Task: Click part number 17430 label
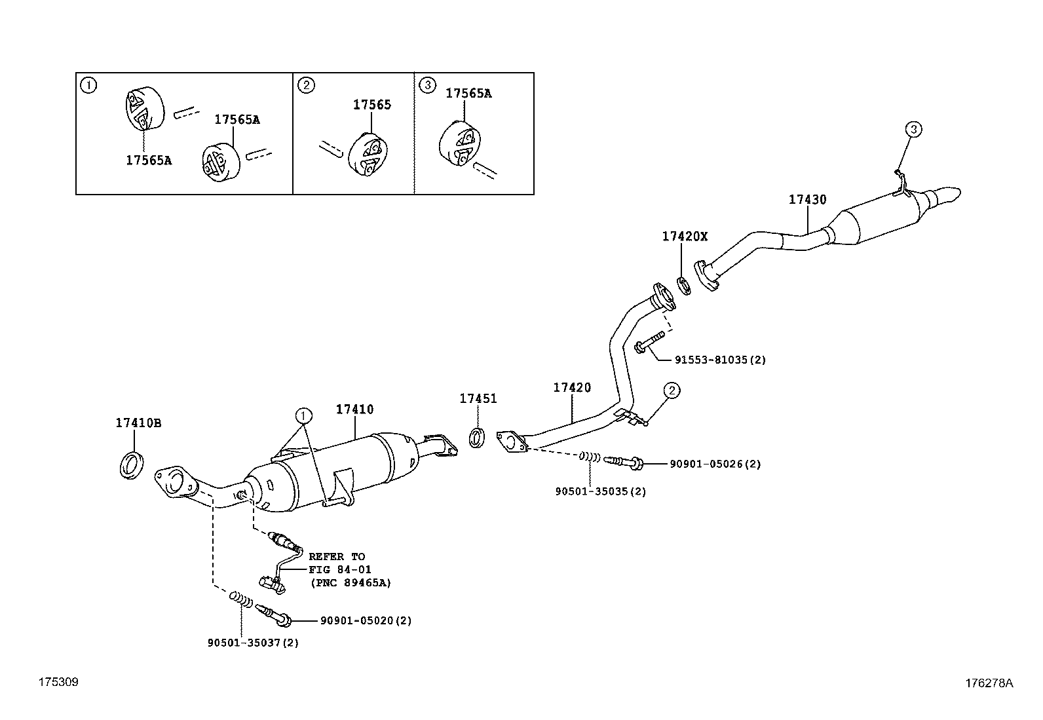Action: [x=807, y=200]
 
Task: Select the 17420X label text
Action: [x=685, y=237]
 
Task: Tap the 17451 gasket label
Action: [x=478, y=398]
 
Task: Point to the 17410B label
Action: [x=138, y=423]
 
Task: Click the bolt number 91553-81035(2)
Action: [x=719, y=360]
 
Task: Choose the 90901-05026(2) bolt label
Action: [x=715, y=464]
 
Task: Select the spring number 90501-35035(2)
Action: [x=600, y=491]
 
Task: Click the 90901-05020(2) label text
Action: [x=366, y=620]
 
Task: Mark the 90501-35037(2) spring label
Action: [x=253, y=643]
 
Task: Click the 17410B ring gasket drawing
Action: [x=131, y=465]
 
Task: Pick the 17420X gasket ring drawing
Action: [x=683, y=286]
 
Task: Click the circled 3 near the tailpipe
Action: [x=913, y=129]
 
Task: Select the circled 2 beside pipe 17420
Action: [x=672, y=390]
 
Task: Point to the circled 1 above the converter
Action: [x=303, y=415]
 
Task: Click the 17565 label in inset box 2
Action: [x=371, y=105]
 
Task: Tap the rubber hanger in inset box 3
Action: [x=457, y=142]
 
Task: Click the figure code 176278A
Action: [x=988, y=683]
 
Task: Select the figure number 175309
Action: [x=58, y=682]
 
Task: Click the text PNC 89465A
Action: [x=350, y=582]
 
